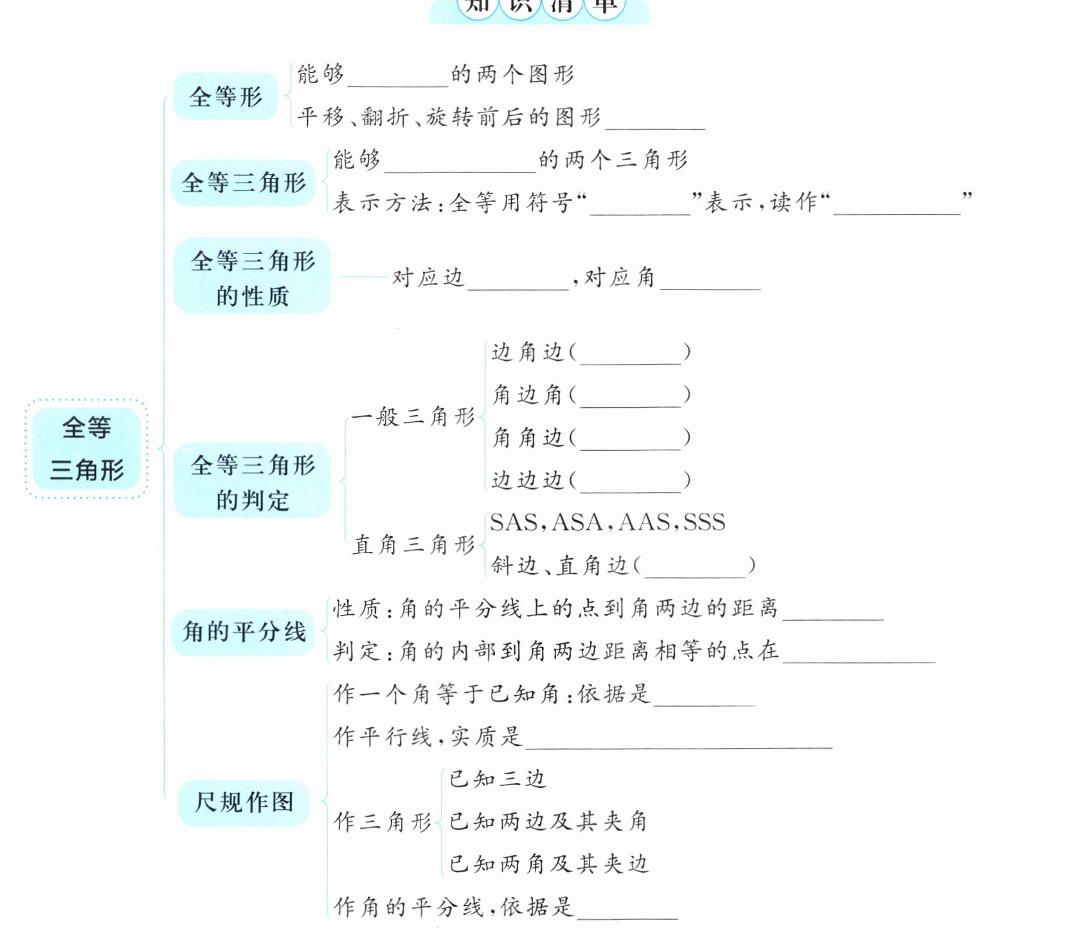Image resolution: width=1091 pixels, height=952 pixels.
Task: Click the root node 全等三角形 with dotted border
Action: pyautogui.click(x=87, y=449)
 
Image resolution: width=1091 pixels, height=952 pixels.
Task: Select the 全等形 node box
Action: pyautogui.click(x=226, y=97)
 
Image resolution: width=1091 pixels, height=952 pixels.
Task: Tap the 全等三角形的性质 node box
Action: pyautogui.click(x=253, y=277)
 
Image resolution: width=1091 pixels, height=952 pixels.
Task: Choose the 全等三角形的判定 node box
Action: pyautogui.click(x=253, y=481)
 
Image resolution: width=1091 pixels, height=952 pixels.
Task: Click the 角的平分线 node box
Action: pyautogui.click(x=244, y=632)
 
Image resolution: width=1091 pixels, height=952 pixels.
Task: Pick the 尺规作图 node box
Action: pyautogui.click(x=244, y=802)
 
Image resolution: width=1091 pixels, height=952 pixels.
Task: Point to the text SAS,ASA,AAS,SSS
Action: pyautogui.click(x=608, y=522)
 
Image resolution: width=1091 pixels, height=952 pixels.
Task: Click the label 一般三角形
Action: pyautogui.click(x=413, y=417)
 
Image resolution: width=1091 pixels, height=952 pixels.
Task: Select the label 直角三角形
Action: pyautogui.click(x=414, y=545)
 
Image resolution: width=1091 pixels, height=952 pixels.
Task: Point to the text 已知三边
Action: pyautogui.click(x=497, y=779)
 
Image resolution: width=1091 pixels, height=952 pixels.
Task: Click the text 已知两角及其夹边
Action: pyautogui.click(x=548, y=864)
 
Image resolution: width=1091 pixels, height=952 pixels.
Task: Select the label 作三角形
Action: pyautogui.click(x=383, y=821)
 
